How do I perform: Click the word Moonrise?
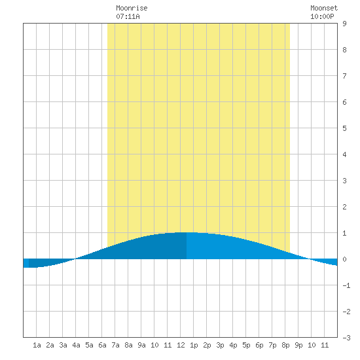(132, 8)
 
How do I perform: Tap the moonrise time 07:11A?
(128, 16)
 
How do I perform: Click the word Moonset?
(324, 8)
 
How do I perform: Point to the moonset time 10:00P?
(322, 16)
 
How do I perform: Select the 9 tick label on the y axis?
(344, 24)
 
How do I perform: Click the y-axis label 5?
(344, 128)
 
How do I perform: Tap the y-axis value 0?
(344, 259)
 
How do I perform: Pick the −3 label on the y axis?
(346, 338)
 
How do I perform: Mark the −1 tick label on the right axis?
(346, 285)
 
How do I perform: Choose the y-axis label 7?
(344, 76)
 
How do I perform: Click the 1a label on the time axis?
(37, 345)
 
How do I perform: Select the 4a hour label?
(76, 345)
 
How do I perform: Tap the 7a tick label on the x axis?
(115, 345)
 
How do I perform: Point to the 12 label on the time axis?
(181, 345)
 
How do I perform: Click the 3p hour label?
(220, 345)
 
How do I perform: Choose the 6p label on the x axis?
(259, 345)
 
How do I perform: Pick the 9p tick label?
(298, 345)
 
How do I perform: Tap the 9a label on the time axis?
(141, 345)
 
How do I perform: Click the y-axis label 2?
(344, 207)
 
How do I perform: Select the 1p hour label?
(194, 345)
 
